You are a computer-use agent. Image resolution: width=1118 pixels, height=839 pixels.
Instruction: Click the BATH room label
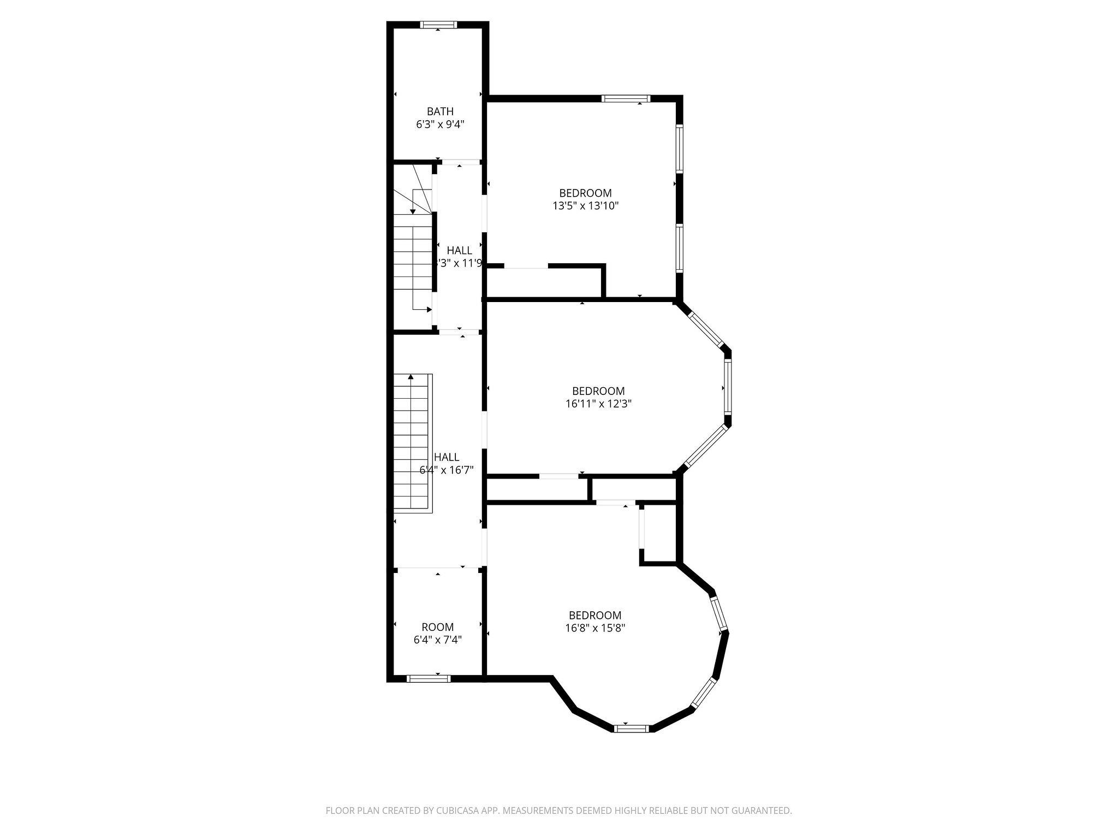(440, 111)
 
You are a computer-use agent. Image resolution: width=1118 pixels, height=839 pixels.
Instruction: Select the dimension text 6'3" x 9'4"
(440, 125)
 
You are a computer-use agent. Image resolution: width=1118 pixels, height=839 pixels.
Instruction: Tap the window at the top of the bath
(438, 25)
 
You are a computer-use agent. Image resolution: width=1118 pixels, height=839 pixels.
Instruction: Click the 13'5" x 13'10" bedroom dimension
(585, 206)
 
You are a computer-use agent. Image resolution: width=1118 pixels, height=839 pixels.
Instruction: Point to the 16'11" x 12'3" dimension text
(598, 404)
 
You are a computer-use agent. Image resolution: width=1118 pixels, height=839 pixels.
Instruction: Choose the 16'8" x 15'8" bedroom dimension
(595, 628)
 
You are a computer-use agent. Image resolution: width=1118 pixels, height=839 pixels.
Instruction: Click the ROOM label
(437, 627)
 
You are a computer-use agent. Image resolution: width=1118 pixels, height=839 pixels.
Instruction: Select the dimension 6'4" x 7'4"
(437, 640)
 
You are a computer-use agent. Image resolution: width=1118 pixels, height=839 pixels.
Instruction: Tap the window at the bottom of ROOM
(429, 679)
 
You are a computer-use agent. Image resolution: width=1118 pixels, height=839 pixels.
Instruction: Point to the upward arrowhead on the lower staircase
(411, 377)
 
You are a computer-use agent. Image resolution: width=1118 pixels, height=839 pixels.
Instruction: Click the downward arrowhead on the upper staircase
(413, 211)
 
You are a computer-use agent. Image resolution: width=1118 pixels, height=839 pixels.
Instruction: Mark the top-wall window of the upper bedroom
(626, 99)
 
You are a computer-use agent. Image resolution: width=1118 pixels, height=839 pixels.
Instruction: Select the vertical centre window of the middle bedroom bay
(728, 388)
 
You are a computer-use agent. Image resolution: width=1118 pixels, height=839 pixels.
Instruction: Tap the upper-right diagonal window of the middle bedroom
(706, 330)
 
